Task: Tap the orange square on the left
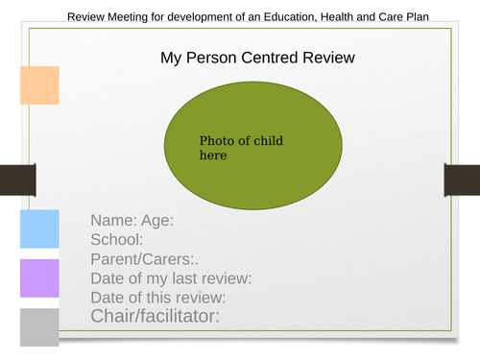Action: pos(39,84)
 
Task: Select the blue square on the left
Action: pos(39,228)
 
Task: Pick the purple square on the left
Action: pos(39,278)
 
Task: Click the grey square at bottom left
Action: pos(39,326)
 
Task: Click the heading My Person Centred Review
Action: pos(257,59)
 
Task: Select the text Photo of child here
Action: pos(241,148)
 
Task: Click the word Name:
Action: pos(113,221)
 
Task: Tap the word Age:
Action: pos(156,221)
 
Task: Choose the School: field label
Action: pos(117,240)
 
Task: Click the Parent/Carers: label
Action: pos(144,259)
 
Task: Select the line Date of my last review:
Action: pos(171,278)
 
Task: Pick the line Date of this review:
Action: pos(161,297)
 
